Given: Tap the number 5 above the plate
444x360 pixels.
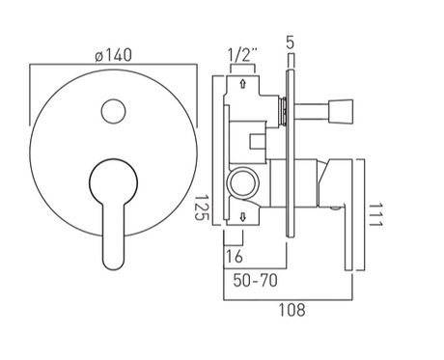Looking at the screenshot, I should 290,42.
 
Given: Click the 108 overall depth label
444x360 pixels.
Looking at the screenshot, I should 291,310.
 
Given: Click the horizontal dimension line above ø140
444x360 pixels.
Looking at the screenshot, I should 113,65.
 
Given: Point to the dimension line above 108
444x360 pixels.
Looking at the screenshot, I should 292,297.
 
